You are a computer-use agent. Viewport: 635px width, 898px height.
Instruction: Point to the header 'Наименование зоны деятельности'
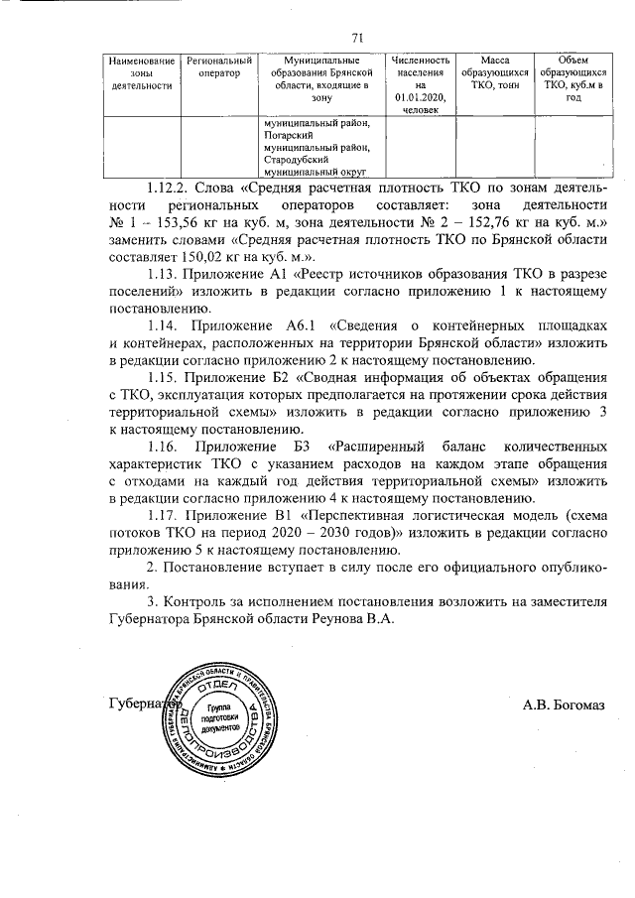pyautogui.click(x=142, y=72)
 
